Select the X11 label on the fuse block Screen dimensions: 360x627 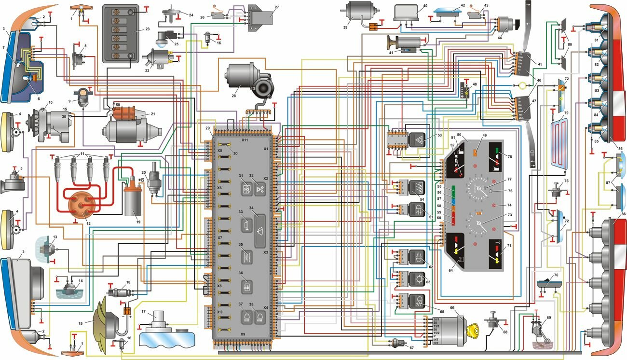pos(245,139)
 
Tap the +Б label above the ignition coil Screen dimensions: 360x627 pos(142,180)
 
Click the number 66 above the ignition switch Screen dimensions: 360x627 pos(452,307)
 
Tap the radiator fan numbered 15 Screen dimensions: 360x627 pos(109,318)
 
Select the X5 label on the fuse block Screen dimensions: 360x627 pos(219,150)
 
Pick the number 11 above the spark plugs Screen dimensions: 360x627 pos(82,153)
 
